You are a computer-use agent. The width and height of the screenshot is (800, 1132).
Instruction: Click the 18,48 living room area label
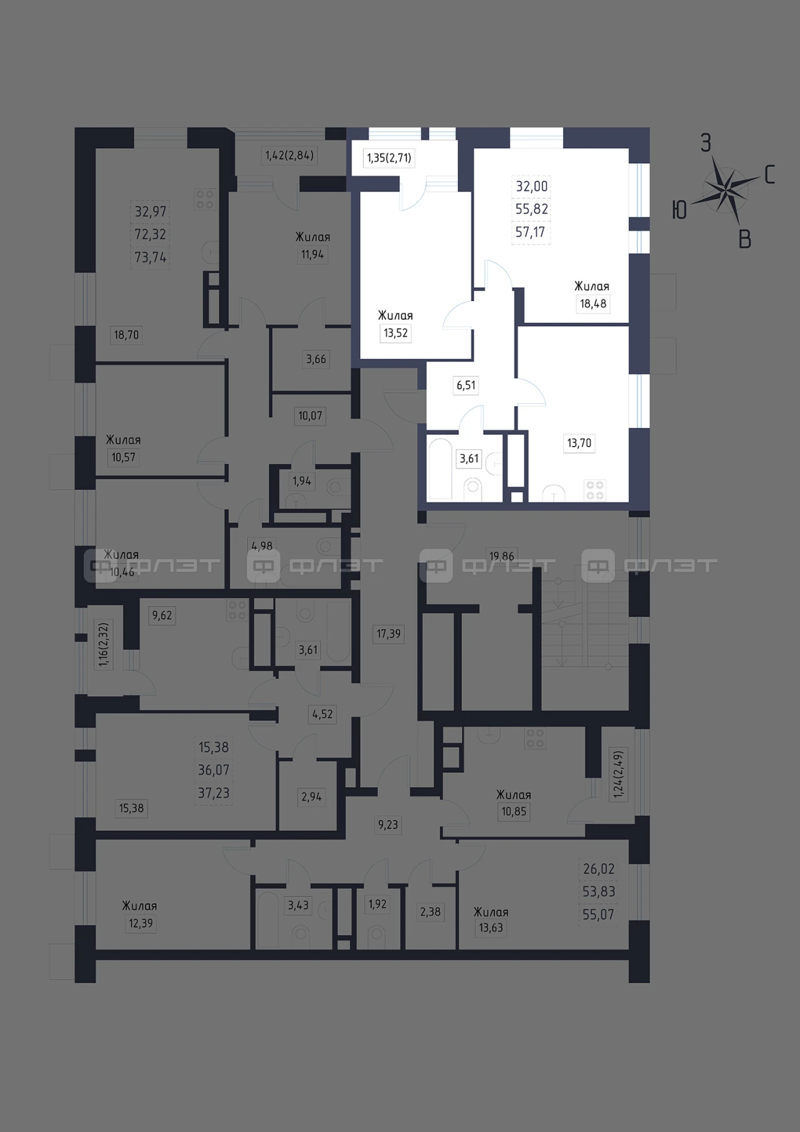593,304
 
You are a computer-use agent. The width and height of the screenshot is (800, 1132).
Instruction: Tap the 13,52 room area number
396,333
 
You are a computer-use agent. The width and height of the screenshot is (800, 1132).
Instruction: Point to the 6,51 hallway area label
466,385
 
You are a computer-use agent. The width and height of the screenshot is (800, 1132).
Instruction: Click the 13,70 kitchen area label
579,444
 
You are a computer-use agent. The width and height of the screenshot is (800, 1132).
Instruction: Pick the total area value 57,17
531,232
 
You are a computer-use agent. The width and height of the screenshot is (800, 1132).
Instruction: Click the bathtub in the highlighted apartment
440,469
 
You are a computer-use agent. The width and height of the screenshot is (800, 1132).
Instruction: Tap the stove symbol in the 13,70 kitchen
595,490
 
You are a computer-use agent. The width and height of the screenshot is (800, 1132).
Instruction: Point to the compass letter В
745,239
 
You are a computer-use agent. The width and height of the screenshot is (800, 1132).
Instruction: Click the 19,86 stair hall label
502,556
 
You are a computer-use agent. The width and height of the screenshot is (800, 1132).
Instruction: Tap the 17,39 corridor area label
389,634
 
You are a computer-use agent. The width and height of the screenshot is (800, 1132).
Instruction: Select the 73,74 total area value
151,257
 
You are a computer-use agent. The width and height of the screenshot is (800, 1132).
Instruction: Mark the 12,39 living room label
141,923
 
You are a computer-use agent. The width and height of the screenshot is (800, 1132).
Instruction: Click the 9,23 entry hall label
388,825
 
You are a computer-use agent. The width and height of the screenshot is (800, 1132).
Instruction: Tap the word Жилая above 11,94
312,237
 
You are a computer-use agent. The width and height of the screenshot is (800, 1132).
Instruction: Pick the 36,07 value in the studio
214,770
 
